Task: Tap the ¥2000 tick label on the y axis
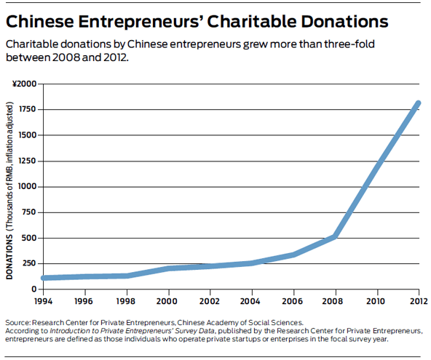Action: [x=25, y=84]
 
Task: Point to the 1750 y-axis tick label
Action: [x=27, y=109]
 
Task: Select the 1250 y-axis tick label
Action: [x=27, y=161]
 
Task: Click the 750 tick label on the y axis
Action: [x=29, y=212]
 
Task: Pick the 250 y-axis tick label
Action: [x=29, y=263]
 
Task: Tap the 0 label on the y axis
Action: [x=33, y=289]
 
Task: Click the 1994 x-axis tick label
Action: [x=43, y=301]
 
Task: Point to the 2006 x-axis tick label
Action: [x=293, y=301]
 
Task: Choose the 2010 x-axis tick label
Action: [x=376, y=301]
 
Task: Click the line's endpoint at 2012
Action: [x=419, y=103]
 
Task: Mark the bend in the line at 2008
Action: [x=335, y=236]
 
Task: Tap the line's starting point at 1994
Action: [x=44, y=278]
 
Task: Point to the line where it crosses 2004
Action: [x=251, y=263]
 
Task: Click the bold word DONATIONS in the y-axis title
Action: [x=9, y=257]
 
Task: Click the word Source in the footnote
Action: [x=17, y=323]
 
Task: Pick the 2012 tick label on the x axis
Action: [x=419, y=301]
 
